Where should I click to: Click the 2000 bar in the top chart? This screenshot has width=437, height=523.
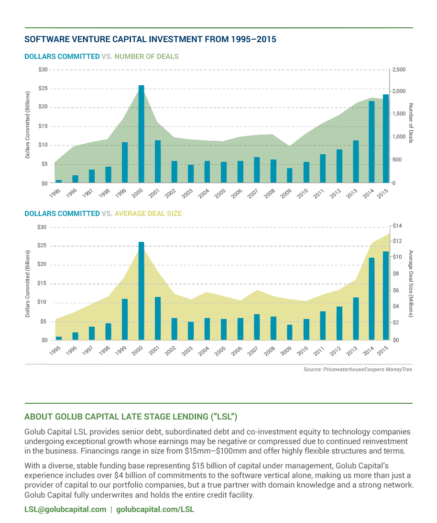(x=142, y=134)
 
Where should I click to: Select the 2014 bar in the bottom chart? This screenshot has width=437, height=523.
(x=371, y=299)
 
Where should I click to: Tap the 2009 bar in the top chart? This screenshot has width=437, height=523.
(x=289, y=175)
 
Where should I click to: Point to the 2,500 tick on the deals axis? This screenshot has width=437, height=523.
(x=399, y=70)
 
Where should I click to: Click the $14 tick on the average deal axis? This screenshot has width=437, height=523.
(x=397, y=226)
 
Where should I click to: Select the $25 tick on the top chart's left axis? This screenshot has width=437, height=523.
(x=44, y=88)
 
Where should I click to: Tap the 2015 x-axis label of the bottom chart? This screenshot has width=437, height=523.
(x=383, y=351)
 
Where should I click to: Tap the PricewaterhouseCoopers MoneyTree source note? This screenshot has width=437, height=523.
(x=358, y=370)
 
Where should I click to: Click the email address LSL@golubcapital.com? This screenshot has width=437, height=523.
(x=66, y=509)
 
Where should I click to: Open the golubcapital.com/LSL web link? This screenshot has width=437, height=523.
(x=155, y=509)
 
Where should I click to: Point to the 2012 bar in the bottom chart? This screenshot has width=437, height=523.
(x=339, y=323)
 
